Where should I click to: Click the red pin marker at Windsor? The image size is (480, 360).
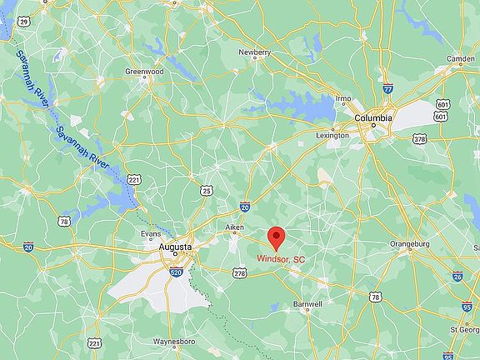click(277, 237)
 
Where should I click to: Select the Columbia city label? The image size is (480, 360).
click(373, 118)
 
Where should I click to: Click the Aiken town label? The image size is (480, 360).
click(235, 227)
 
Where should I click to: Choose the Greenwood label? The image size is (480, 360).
click(144, 72)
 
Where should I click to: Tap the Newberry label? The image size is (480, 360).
click(255, 52)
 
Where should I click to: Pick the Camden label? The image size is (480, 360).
click(460, 58)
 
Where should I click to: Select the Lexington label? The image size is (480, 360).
click(333, 133)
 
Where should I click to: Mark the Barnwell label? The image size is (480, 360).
click(307, 305)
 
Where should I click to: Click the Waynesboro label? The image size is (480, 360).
click(174, 342)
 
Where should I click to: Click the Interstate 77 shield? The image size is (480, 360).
click(388, 87)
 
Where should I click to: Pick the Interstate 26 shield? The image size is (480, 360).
click(457, 276)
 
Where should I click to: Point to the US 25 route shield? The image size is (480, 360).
click(207, 191)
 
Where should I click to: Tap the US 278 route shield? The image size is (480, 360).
click(240, 272)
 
